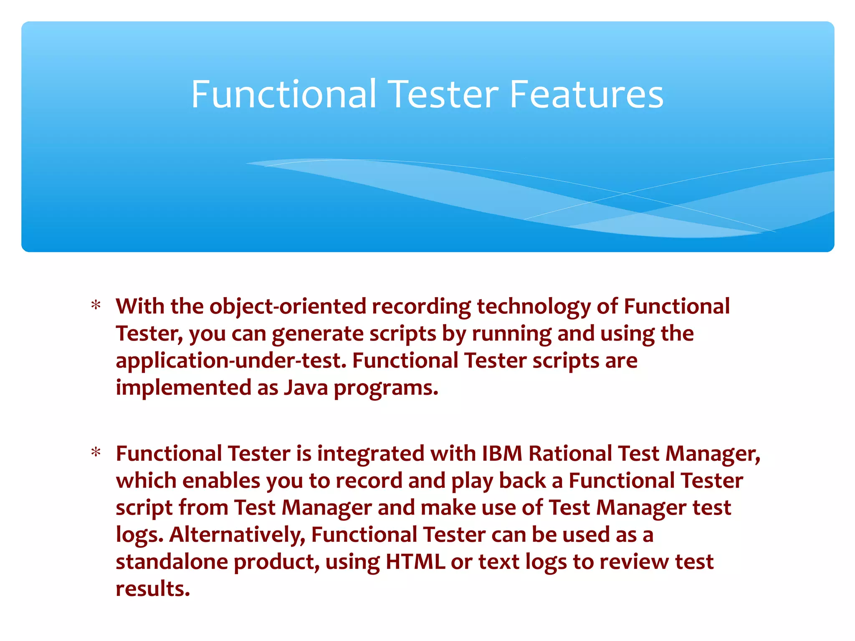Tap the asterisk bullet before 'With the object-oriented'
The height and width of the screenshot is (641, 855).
[x=96, y=306]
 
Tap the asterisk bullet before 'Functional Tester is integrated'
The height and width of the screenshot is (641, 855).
[x=96, y=453]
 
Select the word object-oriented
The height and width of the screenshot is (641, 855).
[x=288, y=307]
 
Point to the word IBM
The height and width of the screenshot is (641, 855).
[x=502, y=454]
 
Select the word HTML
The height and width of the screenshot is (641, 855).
[x=415, y=562]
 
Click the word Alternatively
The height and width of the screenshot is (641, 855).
[x=237, y=535]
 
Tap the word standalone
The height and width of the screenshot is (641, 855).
[x=172, y=562]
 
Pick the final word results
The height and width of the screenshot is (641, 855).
[x=153, y=589]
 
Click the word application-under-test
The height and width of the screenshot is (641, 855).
[x=231, y=361]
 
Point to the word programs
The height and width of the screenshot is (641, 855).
[x=386, y=389]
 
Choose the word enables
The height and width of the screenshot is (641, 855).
[x=221, y=481]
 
